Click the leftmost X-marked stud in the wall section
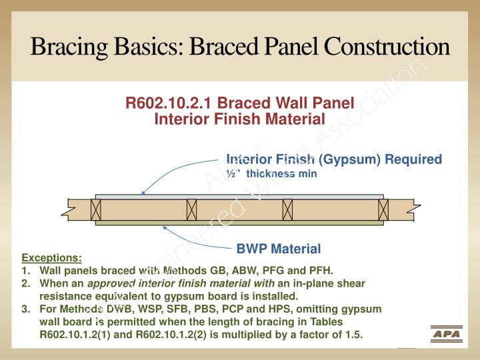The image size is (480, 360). [x=96, y=209]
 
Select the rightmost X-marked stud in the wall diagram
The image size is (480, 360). [x=383, y=209]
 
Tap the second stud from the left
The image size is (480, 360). [x=191, y=209]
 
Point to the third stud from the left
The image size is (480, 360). [x=287, y=209]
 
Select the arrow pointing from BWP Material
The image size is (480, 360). [x=193, y=239]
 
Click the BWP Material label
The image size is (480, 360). [x=279, y=249]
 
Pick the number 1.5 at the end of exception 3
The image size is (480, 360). [x=353, y=335]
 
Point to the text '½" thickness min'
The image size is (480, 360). [x=271, y=173]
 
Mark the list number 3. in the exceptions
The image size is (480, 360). [x=26, y=309]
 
